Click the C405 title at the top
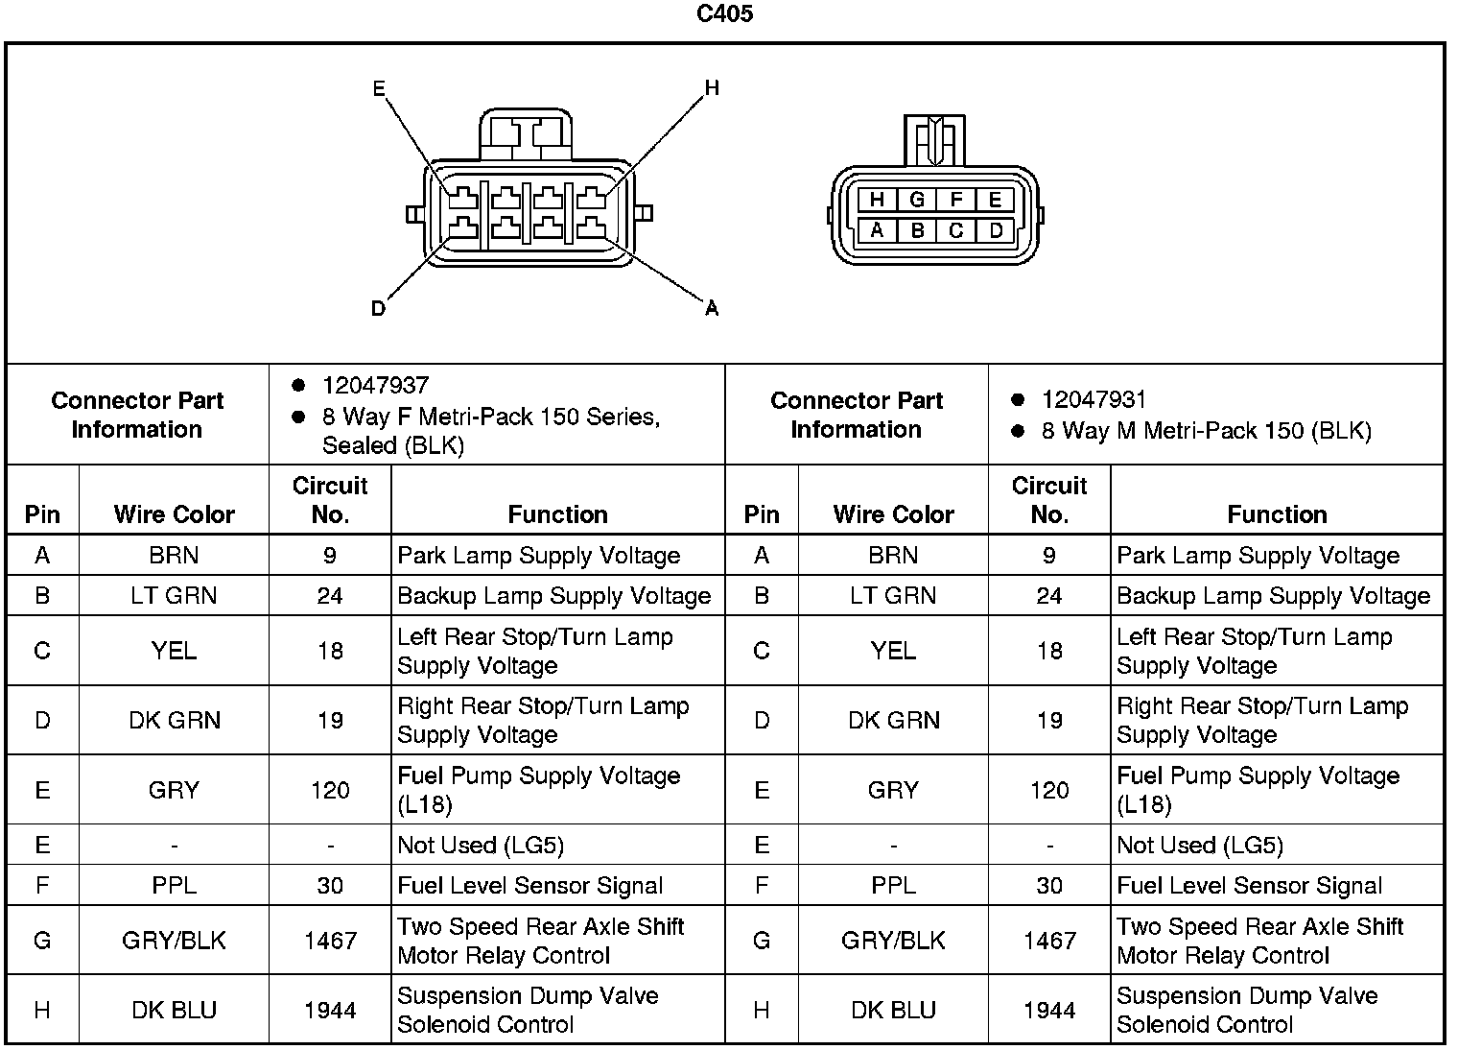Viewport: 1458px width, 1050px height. [724, 14]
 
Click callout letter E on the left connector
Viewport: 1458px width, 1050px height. [379, 89]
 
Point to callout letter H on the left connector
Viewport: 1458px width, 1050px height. [712, 88]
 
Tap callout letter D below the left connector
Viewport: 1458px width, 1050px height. [378, 308]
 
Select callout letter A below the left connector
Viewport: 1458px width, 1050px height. [712, 308]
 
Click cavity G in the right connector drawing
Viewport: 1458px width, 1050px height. [917, 200]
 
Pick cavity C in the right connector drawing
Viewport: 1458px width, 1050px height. [956, 230]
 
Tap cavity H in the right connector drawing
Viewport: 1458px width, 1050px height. [877, 200]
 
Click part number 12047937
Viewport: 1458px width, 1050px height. [375, 385]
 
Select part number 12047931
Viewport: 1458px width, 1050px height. [1094, 399]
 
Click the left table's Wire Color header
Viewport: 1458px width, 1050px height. [174, 514]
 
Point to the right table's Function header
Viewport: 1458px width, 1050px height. [1277, 514]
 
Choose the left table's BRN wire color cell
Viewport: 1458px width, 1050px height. [174, 555]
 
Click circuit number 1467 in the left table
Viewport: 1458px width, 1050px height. [330, 941]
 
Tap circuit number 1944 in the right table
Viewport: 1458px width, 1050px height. [1049, 1010]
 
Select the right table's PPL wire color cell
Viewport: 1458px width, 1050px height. [893, 885]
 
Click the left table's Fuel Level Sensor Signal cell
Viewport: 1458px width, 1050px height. [529, 885]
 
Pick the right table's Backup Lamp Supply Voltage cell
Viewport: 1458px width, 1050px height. [1273, 596]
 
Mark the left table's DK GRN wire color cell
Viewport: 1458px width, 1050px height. [174, 720]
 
